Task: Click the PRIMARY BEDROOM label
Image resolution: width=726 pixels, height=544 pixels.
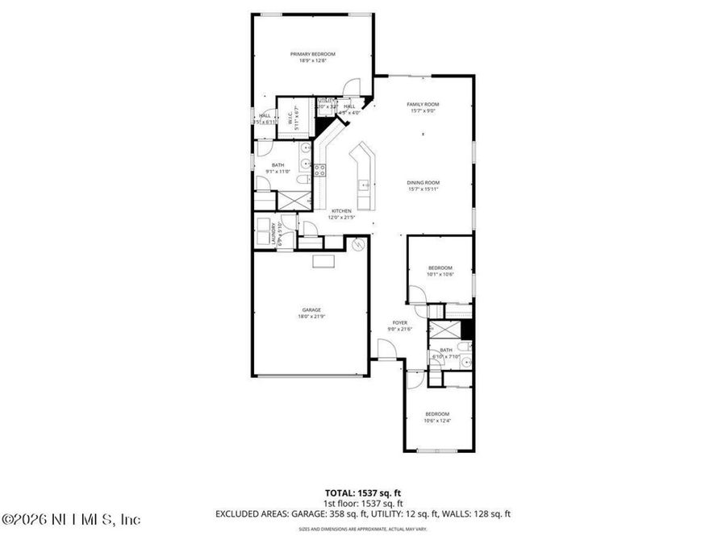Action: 312,54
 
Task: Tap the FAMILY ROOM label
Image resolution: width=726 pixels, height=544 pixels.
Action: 423,105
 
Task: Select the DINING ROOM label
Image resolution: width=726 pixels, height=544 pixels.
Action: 423,183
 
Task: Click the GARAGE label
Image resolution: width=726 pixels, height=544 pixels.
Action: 311,310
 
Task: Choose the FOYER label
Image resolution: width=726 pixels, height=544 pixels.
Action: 400,322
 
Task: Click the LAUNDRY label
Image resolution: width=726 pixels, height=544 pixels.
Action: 274,233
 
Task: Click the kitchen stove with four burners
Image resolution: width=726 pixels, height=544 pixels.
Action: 319,170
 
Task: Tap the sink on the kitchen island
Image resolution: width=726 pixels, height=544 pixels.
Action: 365,185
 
